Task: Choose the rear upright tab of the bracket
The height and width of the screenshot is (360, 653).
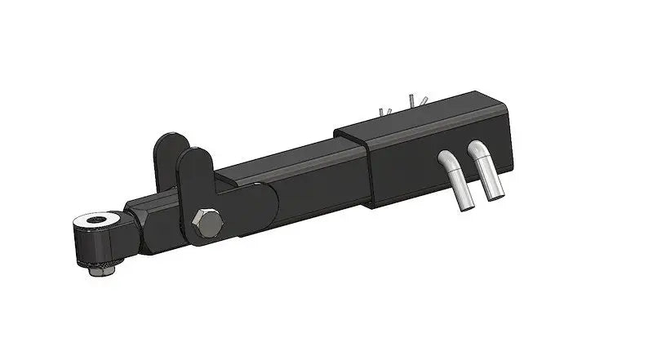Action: (x=167, y=155)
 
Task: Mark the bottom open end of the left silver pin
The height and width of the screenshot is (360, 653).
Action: (x=465, y=207)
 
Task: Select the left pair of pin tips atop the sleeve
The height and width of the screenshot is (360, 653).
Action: (x=384, y=109)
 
